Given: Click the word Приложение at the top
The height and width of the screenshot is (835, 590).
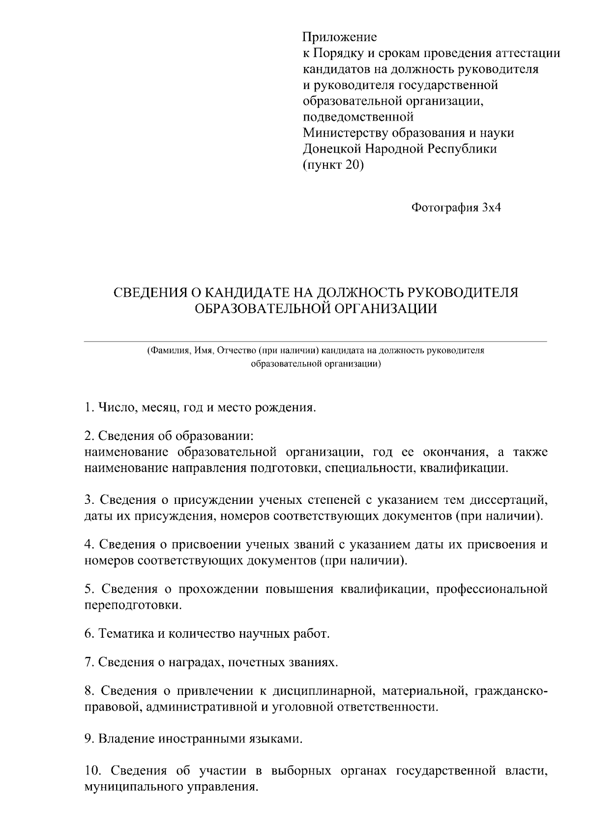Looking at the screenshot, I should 339,37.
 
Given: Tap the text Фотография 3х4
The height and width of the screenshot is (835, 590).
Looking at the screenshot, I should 456,208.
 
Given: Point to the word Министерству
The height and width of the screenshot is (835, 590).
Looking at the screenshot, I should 343,133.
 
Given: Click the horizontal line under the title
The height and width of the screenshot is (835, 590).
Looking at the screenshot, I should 315,341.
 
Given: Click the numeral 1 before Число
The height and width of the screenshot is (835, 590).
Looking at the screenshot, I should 88,408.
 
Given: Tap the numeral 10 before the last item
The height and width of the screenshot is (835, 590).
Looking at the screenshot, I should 91,770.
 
